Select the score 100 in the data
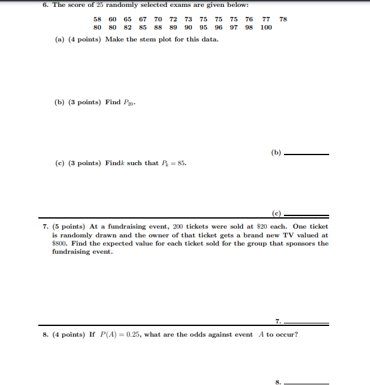pyautogui.click(x=266, y=28)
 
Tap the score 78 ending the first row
pyautogui.click(x=283, y=19)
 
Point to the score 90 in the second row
pyautogui.click(x=188, y=28)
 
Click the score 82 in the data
pyautogui.click(x=128, y=28)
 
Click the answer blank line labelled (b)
pyautogui.click(x=307, y=153)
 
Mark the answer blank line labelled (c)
pyautogui.click(x=307, y=214)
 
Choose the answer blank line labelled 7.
pyautogui.click(x=307, y=323)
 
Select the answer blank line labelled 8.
pyautogui.click(x=307, y=382)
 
